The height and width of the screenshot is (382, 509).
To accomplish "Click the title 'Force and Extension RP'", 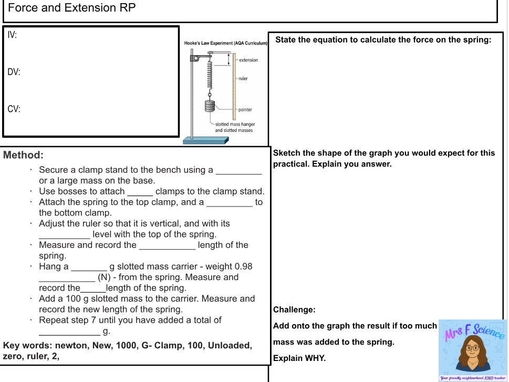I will [72, 8].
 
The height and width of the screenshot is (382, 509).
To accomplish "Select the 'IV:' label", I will [12, 35].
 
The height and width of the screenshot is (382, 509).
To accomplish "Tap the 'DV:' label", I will [14, 72].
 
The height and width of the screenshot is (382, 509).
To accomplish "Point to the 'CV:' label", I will [14, 109].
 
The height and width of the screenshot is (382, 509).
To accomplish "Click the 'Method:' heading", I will [23, 156].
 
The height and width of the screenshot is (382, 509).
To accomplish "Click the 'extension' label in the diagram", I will [248, 60].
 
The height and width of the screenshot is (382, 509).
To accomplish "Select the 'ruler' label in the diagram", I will [243, 78].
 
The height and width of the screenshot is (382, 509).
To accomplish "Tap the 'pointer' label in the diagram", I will [245, 110].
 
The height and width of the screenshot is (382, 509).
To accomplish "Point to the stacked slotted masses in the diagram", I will [210, 107].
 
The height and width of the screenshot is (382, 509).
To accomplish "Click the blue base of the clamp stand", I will [205, 140].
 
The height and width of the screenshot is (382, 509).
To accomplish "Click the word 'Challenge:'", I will [294, 309].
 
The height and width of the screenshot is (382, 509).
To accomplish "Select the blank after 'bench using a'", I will [238, 170].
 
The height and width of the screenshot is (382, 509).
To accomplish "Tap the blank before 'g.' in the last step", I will [69, 331].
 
